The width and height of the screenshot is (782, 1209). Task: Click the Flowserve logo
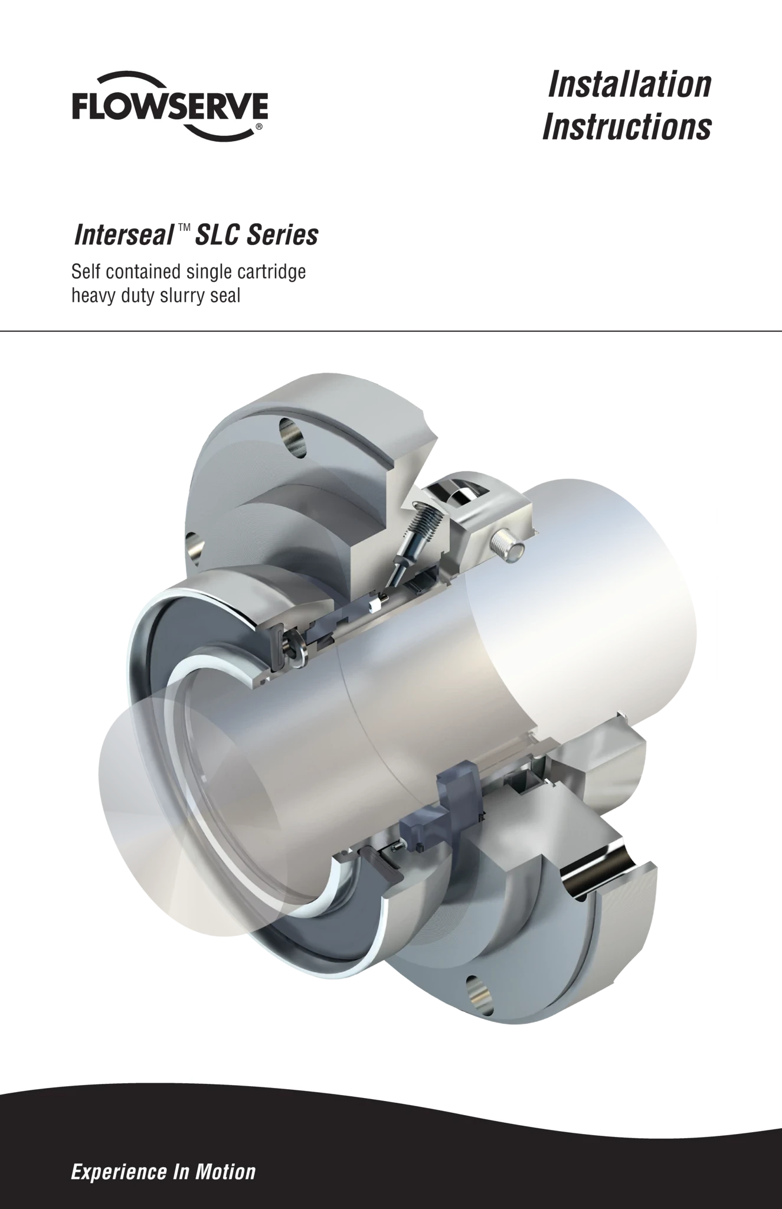(170, 106)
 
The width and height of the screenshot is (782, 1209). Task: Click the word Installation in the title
(629, 84)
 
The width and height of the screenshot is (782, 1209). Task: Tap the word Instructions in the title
(627, 127)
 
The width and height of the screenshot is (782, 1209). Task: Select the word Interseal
(123, 235)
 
